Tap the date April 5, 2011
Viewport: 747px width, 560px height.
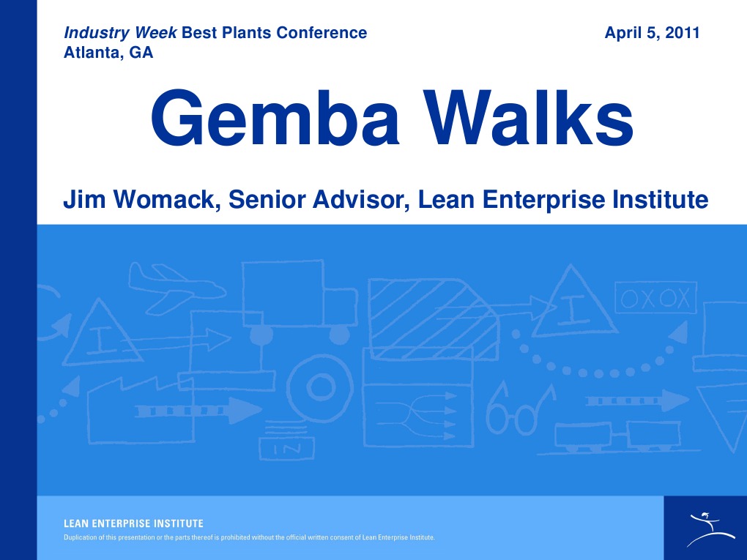652,33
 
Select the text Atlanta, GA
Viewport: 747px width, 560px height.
108,53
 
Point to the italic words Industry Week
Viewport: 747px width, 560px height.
120,33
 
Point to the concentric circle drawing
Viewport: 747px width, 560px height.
319,385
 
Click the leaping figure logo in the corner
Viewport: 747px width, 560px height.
705,528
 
